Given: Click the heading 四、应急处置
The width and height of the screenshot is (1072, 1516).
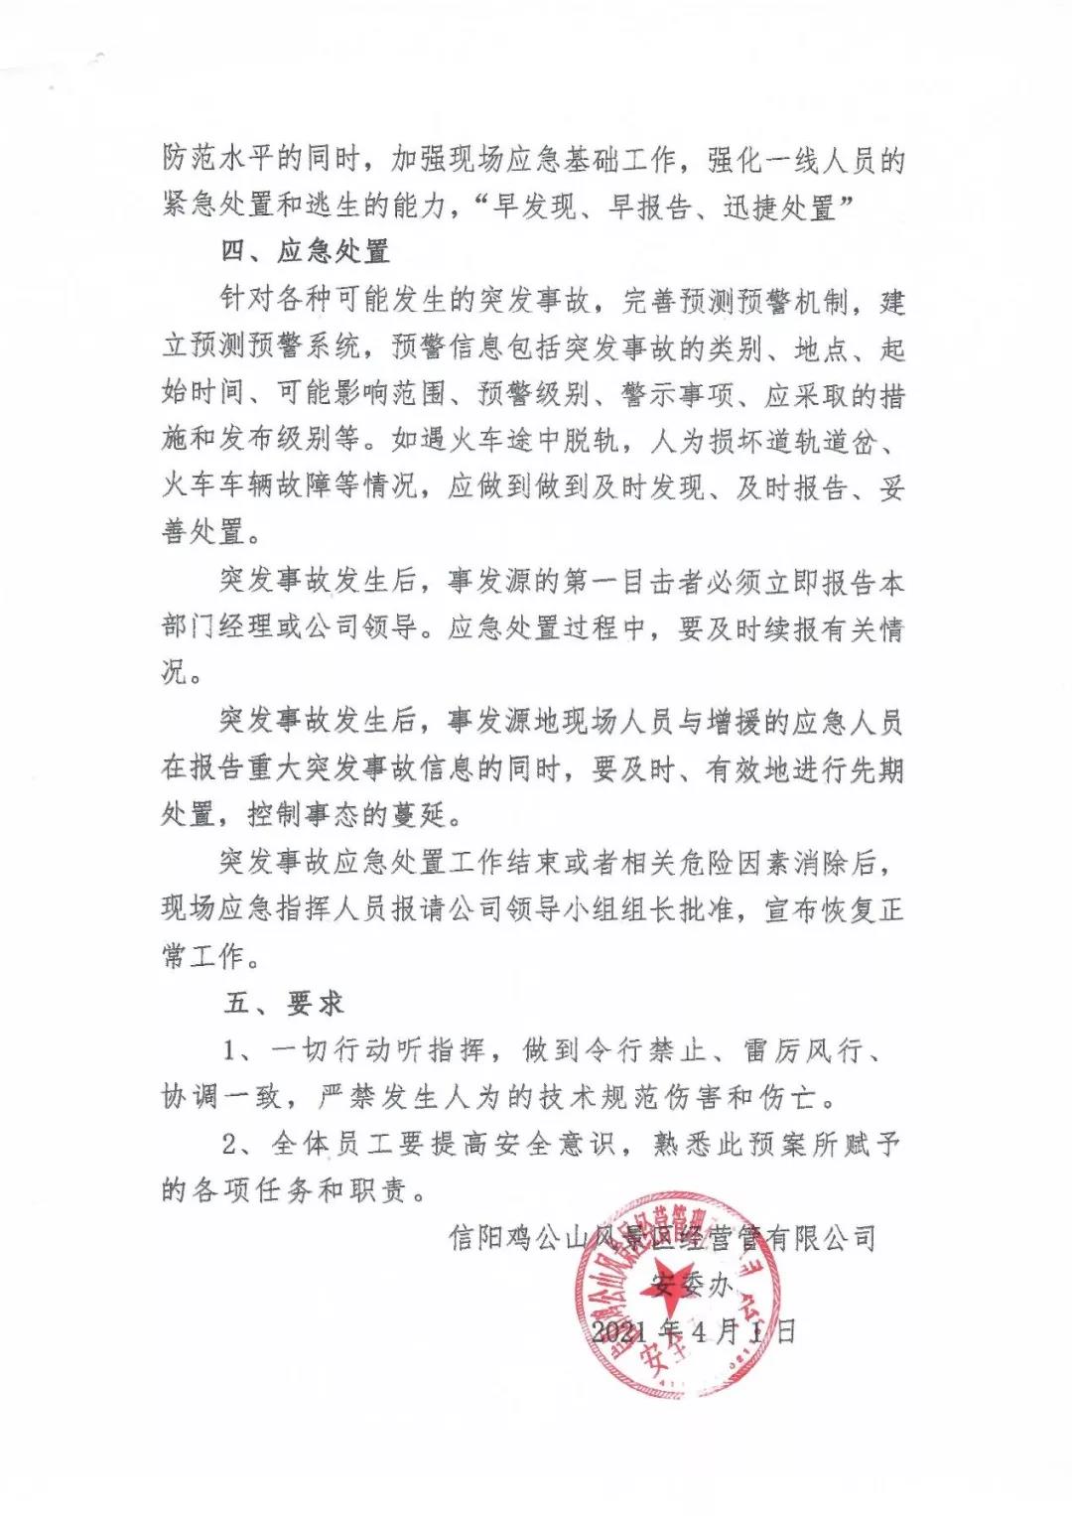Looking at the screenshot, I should [x=304, y=251].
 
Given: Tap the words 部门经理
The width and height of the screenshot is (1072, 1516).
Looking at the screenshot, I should [x=217, y=627].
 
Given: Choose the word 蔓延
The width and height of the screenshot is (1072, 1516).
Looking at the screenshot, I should [x=422, y=815].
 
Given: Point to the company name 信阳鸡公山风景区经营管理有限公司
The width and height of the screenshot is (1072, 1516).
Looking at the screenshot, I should [x=662, y=1238].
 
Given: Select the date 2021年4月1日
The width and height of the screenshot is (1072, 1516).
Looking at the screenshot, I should [x=692, y=1331].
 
